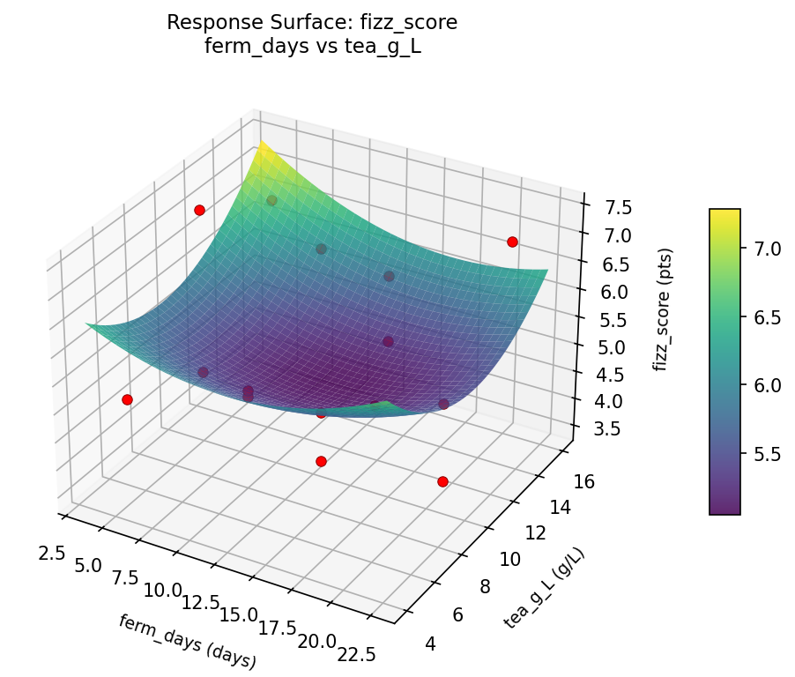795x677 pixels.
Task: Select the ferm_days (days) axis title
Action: click(187, 641)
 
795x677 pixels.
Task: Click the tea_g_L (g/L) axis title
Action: click(545, 588)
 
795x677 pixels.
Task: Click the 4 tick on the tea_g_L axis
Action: click(431, 644)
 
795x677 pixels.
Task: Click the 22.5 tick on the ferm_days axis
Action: click(357, 653)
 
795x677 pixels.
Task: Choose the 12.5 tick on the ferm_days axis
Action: click(202, 603)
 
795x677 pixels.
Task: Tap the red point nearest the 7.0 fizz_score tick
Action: click(512, 242)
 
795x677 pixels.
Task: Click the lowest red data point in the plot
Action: click(442, 481)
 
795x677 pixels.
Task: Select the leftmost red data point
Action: click(127, 399)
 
